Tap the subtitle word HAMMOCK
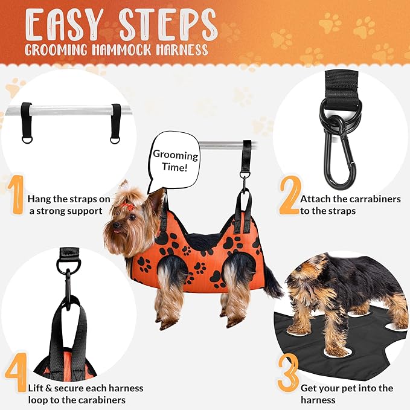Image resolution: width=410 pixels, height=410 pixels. [x=138, y=50]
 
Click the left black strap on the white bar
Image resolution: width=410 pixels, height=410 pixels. [x=27, y=121]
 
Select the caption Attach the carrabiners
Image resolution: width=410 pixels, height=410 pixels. [x=350, y=199]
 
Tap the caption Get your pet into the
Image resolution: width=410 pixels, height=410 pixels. [x=346, y=388]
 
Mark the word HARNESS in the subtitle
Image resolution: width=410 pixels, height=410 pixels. [x=185, y=50]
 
